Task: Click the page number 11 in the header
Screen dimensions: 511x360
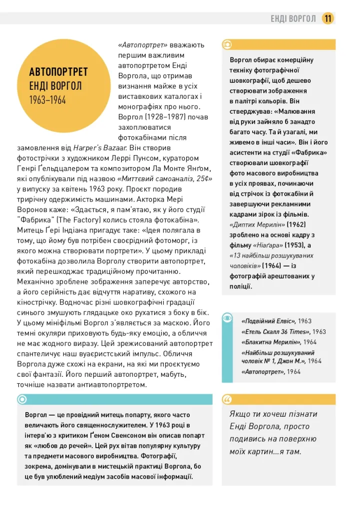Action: point(328,18)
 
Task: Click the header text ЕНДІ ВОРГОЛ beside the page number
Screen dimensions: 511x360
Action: point(293,19)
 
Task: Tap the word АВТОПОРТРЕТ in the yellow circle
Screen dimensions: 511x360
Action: point(58,72)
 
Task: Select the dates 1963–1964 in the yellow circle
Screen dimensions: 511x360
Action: point(47,100)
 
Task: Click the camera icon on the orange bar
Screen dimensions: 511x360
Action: point(228,44)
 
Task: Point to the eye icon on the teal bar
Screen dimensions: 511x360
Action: point(227,318)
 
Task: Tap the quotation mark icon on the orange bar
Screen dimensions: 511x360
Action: point(228,399)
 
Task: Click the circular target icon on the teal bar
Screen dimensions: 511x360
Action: point(22,399)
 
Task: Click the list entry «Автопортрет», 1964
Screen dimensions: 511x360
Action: point(271,372)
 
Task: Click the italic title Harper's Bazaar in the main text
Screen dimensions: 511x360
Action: point(100,148)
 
